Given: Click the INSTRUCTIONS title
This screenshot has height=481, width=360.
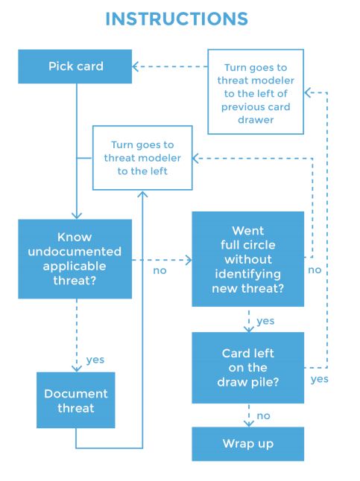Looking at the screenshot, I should pyautogui.click(x=177, y=19).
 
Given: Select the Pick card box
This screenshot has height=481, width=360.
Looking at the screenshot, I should pyautogui.click(x=75, y=66).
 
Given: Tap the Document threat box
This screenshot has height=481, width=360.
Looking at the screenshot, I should pyautogui.click(x=76, y=401).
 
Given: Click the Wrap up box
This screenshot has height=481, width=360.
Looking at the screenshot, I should pyautogui.click(x=247, y=444).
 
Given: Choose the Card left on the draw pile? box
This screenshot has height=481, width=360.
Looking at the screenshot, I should pyautogui.click(x=247, y=367).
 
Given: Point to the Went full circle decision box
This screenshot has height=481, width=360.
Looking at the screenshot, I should pyautogui.click(x=247, y=259).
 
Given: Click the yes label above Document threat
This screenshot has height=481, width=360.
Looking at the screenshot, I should pyautogui.click(x=95, y=360).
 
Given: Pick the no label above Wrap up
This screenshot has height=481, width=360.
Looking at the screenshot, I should pyautogui.click(x=265, y=415).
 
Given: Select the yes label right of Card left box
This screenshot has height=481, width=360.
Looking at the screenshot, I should pyautogui.click(x=319, y=379).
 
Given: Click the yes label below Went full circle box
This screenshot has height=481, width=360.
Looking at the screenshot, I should pyautogui.click(x=265, y=321).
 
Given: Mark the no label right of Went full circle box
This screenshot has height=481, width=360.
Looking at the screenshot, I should pyautogui.click(x=315, y=270).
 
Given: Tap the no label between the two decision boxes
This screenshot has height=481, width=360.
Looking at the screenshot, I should pyautogui.click(x=160, y=270).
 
